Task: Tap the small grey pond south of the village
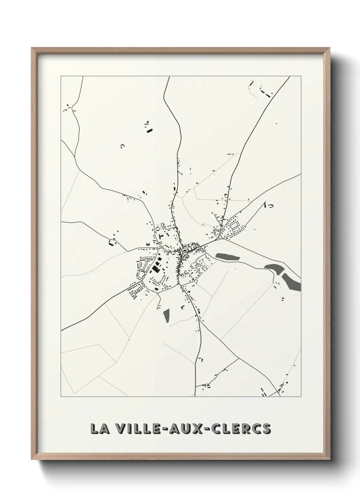[166, 316]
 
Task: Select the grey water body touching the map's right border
[293, 282]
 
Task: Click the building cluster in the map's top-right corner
[262, 90]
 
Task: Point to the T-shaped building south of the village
[183, 307]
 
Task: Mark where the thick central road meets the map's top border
[169, 77]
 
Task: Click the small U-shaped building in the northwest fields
[122, 146]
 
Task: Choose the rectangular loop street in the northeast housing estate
[234, 225]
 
